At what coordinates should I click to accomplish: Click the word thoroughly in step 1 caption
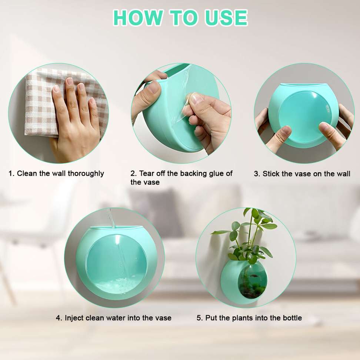[86, 174]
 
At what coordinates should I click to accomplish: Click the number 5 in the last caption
[199, 318]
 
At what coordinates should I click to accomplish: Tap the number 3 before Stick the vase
[256, 174]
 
